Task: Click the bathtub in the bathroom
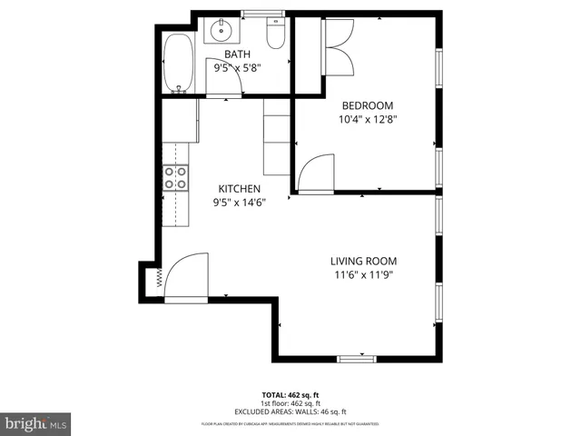(180, 64)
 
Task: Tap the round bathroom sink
(221, 32)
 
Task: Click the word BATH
(238, 54)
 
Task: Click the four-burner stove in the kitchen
(175, 178)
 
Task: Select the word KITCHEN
(239, 189)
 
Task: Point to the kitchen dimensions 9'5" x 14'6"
(239, 202)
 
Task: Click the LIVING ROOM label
(363, 261)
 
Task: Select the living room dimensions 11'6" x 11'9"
(363, 274)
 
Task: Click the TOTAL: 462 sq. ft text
(290, 395)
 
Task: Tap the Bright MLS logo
(36, 422)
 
